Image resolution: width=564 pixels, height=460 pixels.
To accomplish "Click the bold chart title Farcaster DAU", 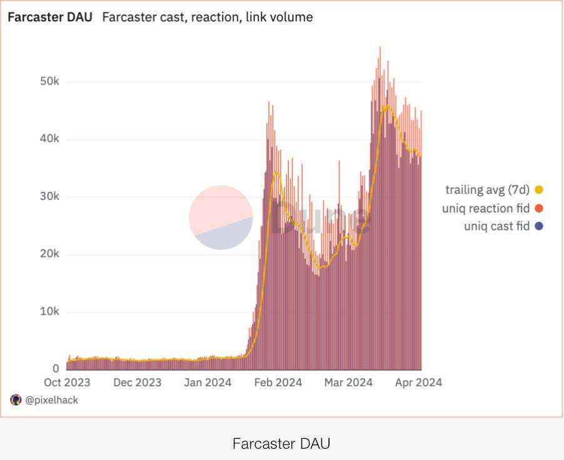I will (49, 17).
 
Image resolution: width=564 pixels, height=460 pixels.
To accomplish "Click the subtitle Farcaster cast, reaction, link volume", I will (207, 17).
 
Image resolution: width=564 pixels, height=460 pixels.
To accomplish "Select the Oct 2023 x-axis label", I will (66, 382).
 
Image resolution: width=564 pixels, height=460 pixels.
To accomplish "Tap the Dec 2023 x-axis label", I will (136, 382).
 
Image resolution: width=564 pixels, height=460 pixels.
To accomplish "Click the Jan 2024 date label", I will (206, 382).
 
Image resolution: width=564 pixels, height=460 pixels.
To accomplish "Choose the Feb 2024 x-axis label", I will (278, 382).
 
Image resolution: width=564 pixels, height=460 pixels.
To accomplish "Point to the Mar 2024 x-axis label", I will (348, 382).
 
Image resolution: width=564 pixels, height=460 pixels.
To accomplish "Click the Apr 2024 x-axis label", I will (418, 382).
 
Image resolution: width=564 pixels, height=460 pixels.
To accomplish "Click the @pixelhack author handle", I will (51, 400).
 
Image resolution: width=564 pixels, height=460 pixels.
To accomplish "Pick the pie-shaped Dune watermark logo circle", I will (221, 217).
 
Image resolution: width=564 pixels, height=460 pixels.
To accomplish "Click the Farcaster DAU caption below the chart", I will (281, 444).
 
